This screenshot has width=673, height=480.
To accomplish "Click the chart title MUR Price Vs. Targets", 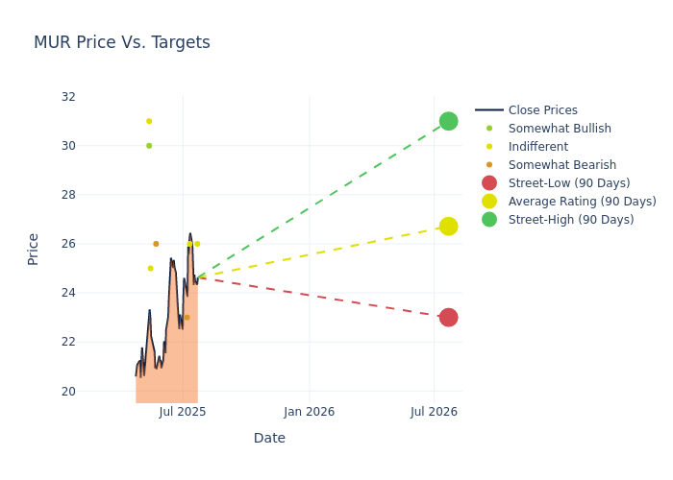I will [122, 43].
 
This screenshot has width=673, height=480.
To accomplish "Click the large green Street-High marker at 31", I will [448, 121].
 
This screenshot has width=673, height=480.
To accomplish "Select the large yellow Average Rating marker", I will [448, 227].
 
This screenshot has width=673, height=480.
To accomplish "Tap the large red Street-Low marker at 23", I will [448, 317].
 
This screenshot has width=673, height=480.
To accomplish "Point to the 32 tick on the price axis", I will [68, 97].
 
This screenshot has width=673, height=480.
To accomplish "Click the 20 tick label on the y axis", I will [68, 391].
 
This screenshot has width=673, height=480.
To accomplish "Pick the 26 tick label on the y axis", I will [68, 244].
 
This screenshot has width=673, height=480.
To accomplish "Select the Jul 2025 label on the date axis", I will [183, 412].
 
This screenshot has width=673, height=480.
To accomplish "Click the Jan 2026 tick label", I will [309, 412].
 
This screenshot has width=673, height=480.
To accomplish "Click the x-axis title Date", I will [269, 439].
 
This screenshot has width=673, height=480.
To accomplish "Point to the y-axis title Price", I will [34, 249].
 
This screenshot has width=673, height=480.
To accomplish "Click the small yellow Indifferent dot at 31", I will [149, 121].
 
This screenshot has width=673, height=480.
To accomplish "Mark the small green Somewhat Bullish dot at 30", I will [149, 146].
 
